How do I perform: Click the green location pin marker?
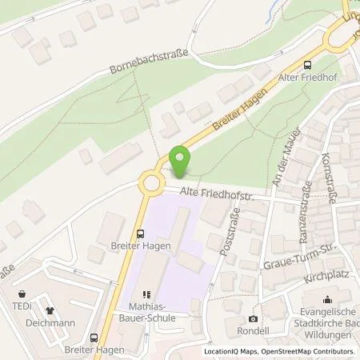tap(180, 161)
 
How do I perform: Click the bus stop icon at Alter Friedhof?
tap(307, 66)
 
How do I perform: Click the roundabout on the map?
tap(151, 185)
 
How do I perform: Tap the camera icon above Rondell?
tap(254, 318)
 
